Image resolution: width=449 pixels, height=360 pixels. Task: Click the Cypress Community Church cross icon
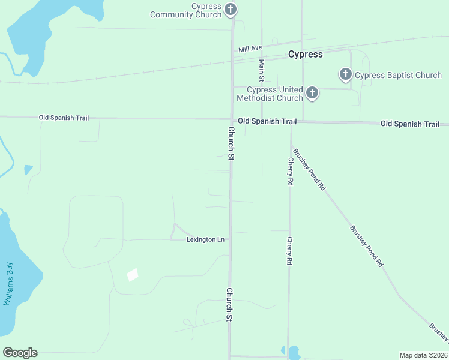point(231,9)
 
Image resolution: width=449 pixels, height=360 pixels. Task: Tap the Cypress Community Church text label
point(191,10)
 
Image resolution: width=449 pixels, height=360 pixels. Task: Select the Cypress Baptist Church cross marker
point(345,74)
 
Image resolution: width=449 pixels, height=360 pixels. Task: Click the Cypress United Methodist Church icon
point(312,92)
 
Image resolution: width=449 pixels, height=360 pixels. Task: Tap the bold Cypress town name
point(305,54)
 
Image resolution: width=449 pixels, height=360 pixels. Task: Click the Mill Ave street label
point(250,48)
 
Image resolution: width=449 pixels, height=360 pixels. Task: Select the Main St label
point(261,70)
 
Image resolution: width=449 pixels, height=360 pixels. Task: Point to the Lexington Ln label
point(205,239)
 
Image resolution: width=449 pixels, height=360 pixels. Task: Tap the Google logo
point(20,353)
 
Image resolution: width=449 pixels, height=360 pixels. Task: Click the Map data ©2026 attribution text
point(423,355)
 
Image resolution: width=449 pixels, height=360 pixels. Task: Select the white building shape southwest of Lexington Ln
point(133,274)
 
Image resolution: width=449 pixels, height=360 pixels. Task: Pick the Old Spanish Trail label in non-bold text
point(64,118)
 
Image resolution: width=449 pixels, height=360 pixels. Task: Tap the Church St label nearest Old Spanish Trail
point(231,143)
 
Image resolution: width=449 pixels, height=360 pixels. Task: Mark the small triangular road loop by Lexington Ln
point(178,232)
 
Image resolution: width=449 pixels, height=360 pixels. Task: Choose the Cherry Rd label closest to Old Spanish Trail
point(290,171)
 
